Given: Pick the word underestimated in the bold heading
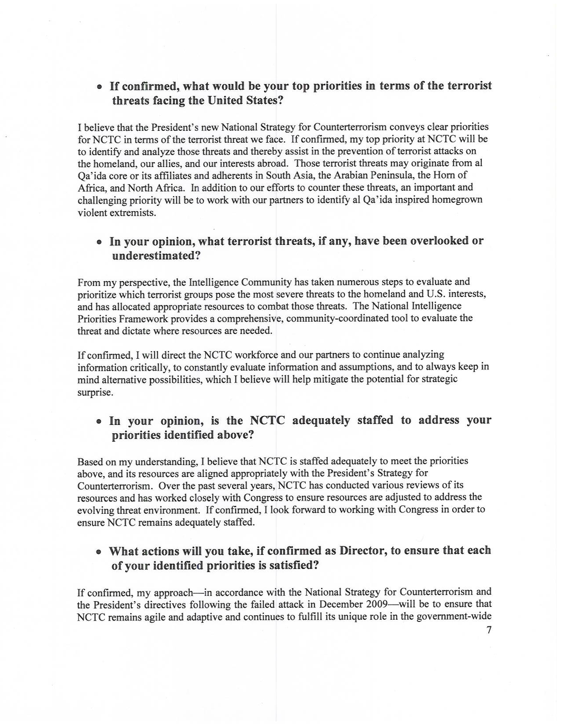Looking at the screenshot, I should pyautogui.click(x=156, y=256).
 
